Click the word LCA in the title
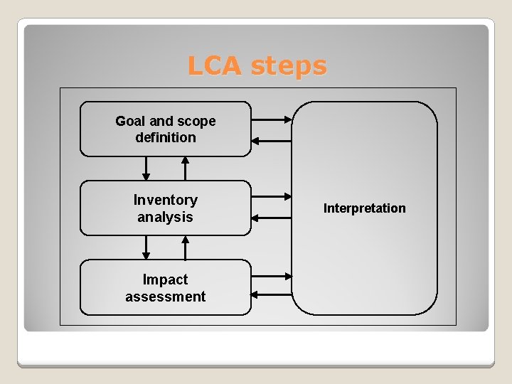pyautogui.click(x=215, y=66)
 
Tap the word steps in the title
pyautogui.click(x=289, y=66)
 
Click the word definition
pyautogui.click(x=166, y=137)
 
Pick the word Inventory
pyautogui.click(x=166, y=200)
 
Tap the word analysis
pyautogui.click(x=166, y=217)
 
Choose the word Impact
pyautogui.click(x=166, y=279)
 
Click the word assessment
pyautogui.click(x=166, y=297)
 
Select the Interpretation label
pyautogui.click(x=364, y=208)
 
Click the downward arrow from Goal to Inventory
pyautogui.click(x=146, y=169)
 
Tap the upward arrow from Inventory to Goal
pyautogui.click(x=185, y=169)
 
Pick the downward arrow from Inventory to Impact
pyautogui.click(x=146, y=247)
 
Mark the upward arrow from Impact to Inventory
pyautogui.click(x=185, y=247)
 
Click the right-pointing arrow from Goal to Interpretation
pyautogui.click(x=272, y=119)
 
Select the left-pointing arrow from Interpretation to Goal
pyautogui.click(x=272, y=141)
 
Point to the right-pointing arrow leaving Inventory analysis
pyautogui.click(x=272, y=196)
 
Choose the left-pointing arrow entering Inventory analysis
pyautogui.click(x=272, y=218)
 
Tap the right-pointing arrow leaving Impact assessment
pyautogui.click(x=272, y=276)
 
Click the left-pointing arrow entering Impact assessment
pyautogui.click(x=272, y=294)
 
